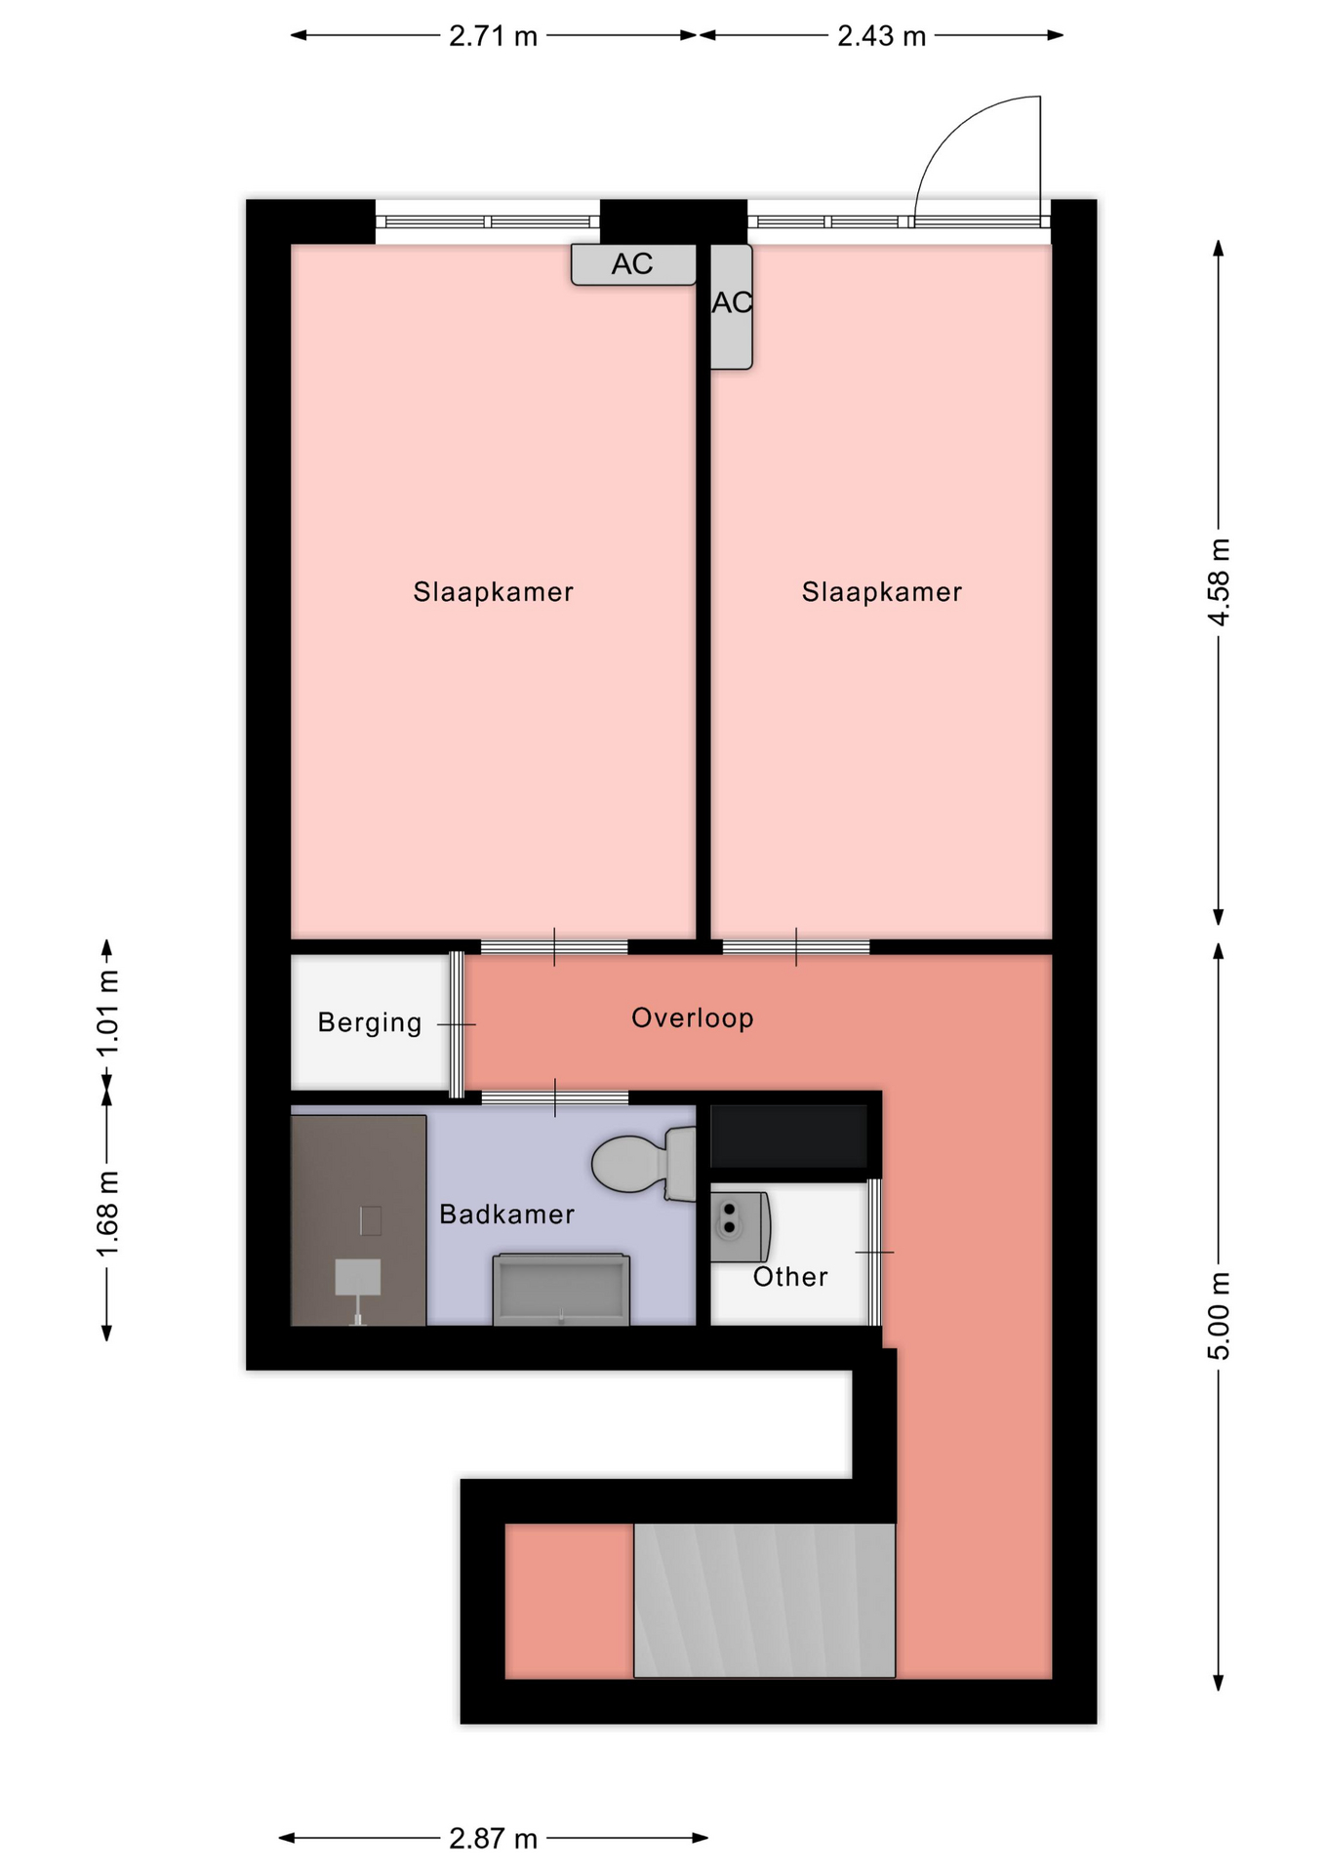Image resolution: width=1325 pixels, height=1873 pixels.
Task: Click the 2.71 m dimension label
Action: pos(493,36)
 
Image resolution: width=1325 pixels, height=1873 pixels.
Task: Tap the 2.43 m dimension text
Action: pos(881,36)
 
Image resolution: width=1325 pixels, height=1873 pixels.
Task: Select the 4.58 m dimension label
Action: pos(1219,581)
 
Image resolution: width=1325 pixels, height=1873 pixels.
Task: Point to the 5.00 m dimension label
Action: pos(1219,1316)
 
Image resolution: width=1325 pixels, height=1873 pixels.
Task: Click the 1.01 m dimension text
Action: pos(107,1013)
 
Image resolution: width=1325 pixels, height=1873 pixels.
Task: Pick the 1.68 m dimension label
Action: pos(107,1215)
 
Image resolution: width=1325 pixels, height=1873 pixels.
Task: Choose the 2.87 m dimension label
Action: pos(493,1839)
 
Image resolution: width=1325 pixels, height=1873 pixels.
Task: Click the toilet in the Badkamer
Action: pos(644,1163)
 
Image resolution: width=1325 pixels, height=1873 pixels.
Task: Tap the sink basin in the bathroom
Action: pos(561,1289)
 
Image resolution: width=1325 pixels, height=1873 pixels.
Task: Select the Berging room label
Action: pos(370,1023)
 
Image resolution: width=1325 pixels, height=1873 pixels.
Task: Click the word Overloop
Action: pos(692,1018)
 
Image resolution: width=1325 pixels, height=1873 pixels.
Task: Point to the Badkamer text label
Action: pos(506,1215)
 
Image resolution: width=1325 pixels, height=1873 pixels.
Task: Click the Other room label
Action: pos(790,1277)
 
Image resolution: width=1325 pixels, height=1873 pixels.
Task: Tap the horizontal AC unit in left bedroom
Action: pos(633,264)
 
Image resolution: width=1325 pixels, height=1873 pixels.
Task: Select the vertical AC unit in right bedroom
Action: pos(731,306)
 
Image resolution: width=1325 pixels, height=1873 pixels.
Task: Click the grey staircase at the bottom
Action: pos(764,1601)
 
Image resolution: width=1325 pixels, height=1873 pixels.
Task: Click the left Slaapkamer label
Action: pos(493,592)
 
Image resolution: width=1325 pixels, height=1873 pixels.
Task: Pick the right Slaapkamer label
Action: pos(881,592)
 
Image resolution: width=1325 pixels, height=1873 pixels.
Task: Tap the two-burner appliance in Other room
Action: pos(740,1226)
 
